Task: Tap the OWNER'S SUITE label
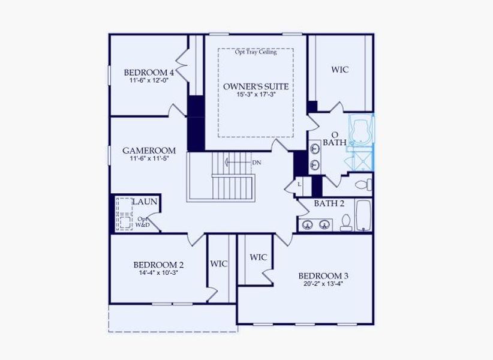click(256, 86)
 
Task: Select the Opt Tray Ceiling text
click(256, 52)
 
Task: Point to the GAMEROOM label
click(149, 151)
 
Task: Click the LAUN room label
click(145, 202)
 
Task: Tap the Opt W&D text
click(143, 222)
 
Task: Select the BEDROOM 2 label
click(158, 265)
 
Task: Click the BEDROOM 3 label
click(323, 276)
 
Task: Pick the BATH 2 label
click(329, 203)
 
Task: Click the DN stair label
click(257, 162)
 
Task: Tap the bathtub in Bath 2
click(364, 216)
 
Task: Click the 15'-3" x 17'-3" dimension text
click(256, 95)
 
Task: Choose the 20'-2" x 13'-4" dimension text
click(323, 284)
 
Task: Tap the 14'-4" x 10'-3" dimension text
click(158, 272)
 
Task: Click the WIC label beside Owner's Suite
click(339, 70)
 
